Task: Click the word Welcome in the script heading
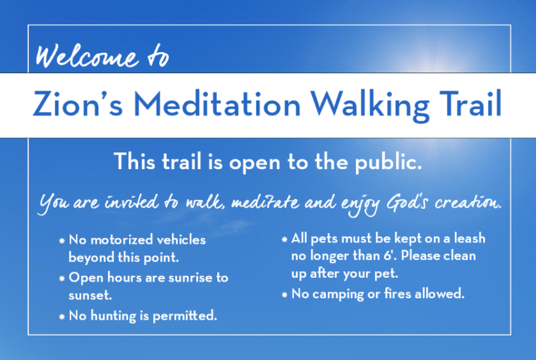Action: click(x=88, y=56)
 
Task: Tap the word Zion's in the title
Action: click(x=77, y=104)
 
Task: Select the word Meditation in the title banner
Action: click(x=217, y=104)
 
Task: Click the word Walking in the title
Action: click(x=370, y=105)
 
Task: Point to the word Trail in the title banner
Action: click(x=471, y=104)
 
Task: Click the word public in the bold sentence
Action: click(x=389, y=162)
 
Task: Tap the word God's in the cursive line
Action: click(x=407, y=203)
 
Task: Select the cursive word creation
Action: click(x=468, y=203)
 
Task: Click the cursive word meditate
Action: click(x=265, y=202)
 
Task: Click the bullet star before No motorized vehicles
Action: click(x=62, y=241)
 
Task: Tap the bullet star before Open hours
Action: click(x=62, y=279)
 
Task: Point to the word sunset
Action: click(x=90, y=295)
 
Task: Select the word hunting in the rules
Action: click(x=113, y=316)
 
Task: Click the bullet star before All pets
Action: click(x=285, y=239)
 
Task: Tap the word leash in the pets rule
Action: click(x=470, y=238)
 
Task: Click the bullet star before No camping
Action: click(x=285, y=295)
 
